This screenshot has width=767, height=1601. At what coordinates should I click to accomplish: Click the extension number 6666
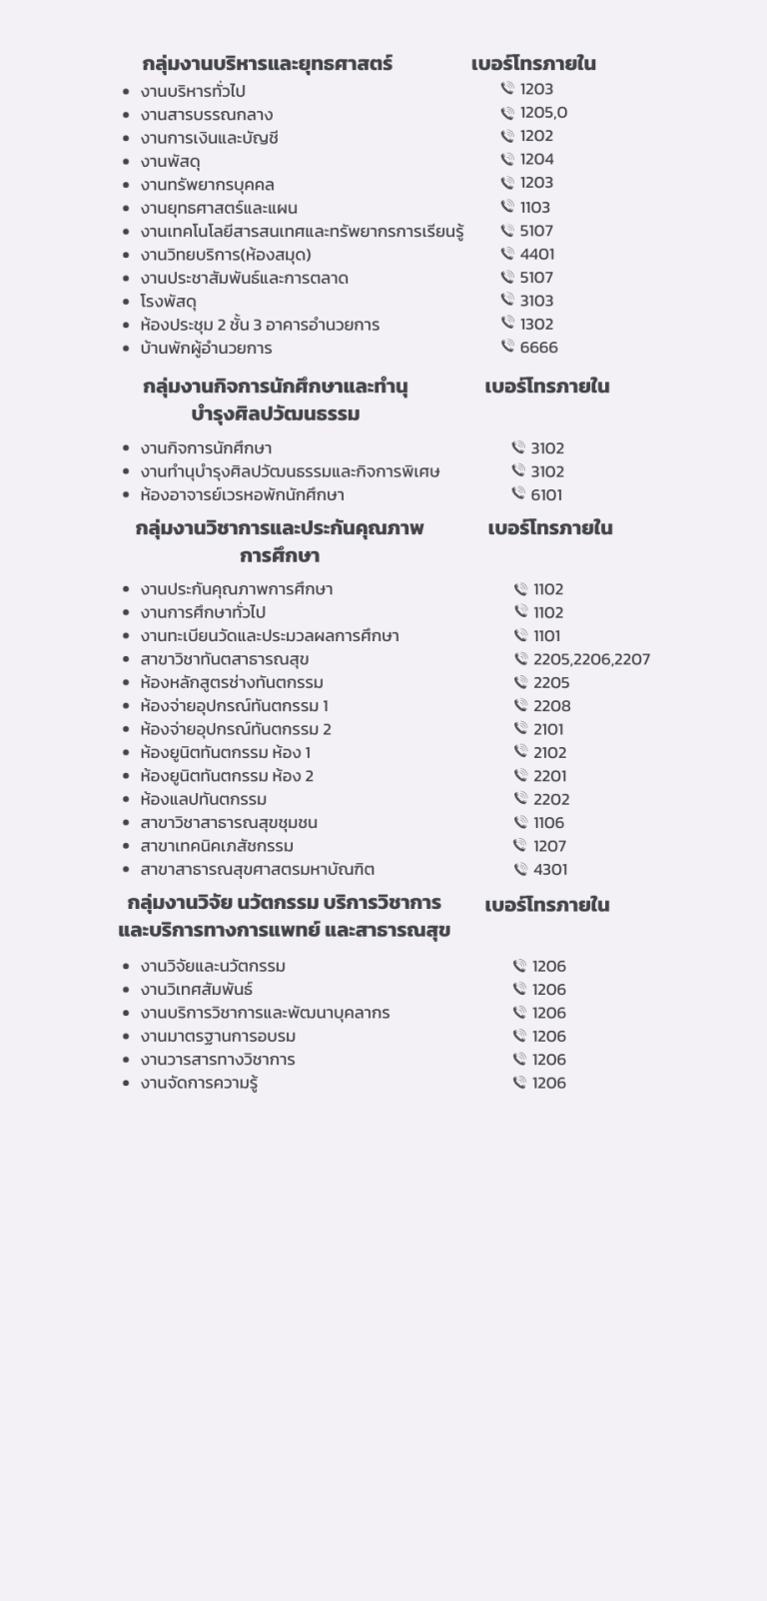click(x=538, y=348)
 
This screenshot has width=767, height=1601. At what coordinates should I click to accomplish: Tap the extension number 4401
click(x=536, y=255)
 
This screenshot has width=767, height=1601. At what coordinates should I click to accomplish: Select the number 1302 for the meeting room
click(x=536, y=324)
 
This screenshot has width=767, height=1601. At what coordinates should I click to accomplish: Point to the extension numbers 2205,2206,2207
click(x=591, y=659)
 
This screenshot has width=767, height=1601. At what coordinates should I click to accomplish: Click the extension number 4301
click(x=550, y=869)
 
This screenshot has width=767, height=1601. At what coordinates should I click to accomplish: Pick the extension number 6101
click(x=546, y=494)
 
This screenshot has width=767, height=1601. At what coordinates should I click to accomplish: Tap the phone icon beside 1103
click(x=507, y=207)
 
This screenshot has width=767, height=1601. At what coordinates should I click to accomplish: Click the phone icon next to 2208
click(x=520, y=705)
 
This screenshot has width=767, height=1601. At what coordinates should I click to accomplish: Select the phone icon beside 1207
click(x=520, y=845)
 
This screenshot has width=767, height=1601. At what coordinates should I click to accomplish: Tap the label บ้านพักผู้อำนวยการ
click(x=206, y=349)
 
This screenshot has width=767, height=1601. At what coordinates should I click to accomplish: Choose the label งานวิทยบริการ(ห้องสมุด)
click(x=226, y=255)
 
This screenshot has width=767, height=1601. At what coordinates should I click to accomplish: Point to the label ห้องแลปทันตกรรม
click(x=203, y=799)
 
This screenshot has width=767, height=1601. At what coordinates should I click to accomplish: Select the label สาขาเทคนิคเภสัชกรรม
click(x=217, y=846)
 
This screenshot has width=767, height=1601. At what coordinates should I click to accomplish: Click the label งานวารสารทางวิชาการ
click(x=218, y=1060)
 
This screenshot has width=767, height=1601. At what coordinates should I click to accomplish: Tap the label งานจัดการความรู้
click(x=199, y=1083)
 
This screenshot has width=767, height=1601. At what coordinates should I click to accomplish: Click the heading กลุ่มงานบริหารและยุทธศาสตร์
click(x=267, y=64)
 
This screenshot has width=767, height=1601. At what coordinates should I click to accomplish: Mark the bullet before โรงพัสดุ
click(x=126, y=302)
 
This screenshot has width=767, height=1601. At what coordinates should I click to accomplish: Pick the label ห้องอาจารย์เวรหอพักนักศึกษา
click(x=242, y=495)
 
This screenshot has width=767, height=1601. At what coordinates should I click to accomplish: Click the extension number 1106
click(x=548, y=822)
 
